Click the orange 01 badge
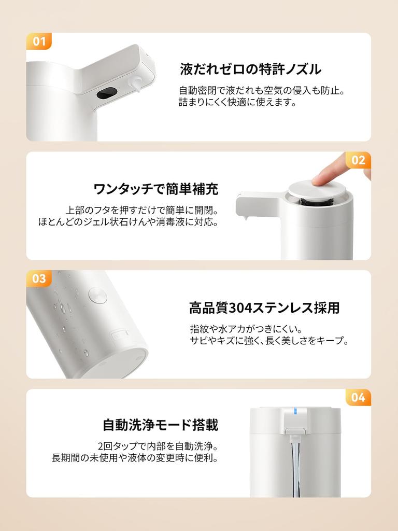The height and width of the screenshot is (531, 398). click(x=38, y=41)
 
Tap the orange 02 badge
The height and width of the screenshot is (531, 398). click(x=358, y=160)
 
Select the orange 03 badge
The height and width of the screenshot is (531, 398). click(x=38, y=278)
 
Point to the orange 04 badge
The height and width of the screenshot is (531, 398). click(x=358, y=397)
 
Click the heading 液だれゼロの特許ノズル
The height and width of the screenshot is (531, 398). click(x=250, y=69)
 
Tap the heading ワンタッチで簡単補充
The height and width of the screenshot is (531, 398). click(x=155, y=189)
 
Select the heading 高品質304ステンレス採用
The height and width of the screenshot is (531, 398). click(x=264, y=308)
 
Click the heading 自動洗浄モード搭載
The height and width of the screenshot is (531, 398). click(x=161, y=425)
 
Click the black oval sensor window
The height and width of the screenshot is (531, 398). click(x=107, y=93)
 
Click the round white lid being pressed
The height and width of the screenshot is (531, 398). click(x=317, y=190)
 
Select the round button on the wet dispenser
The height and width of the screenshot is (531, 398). click(x=98, y=295)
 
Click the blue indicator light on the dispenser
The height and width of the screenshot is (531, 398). click(x=295, y=411)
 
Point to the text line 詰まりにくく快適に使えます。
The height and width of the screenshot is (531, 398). click(x=237, y=102)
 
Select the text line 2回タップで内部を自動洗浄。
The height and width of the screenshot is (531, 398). click(x=158, y=446)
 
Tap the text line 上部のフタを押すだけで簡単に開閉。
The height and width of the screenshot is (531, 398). click(x=142, y=211)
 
